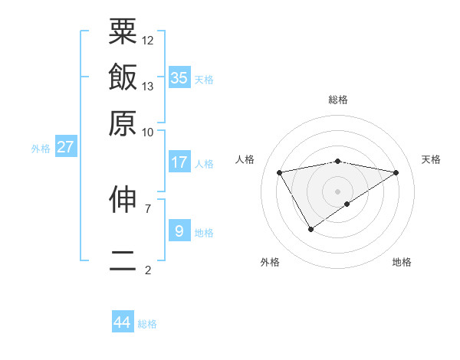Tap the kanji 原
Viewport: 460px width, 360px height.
tap(123, 123)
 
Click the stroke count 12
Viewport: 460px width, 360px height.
tap(148, 40)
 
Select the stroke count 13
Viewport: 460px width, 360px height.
tap(148, 86)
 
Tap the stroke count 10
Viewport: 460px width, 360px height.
tap(148, 132)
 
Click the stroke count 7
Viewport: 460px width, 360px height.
tap(148, 208)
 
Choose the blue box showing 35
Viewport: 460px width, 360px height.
tap(179, 77)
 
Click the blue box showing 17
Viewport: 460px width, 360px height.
tap(179, 162)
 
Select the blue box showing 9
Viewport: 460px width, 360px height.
tap(179, 231)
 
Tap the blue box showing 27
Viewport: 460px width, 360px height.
tap(65, 147)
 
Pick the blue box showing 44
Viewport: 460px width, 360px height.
tap(123, 322)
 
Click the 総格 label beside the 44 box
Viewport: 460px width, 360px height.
tap(147, 324)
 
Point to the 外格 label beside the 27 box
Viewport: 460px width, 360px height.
tap(41, 149)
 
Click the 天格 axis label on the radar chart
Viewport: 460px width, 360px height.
tap(431, 159)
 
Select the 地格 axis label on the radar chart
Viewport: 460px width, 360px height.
tap(402, 262)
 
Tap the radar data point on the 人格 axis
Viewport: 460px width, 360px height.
tap(279, 172)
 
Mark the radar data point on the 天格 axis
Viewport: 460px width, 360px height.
tap(396, 172)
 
